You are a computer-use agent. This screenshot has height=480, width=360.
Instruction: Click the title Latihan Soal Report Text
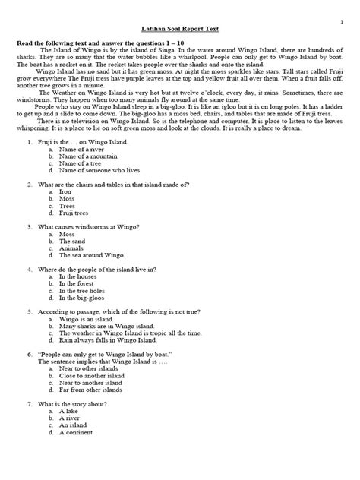click(180, 28)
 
